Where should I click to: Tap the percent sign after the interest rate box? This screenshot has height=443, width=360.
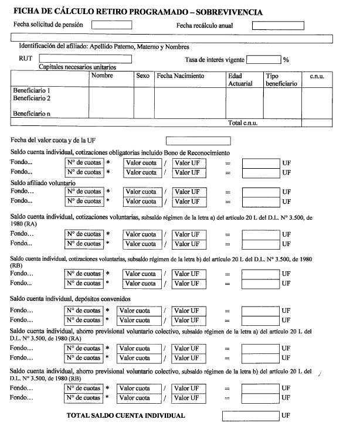286,59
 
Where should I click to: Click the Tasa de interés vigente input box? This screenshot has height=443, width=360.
264,59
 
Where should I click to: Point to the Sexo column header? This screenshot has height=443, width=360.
142,76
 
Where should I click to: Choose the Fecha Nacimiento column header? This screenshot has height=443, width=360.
181,76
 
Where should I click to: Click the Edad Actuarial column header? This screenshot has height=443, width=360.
240,80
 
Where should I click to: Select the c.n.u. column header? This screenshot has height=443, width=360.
317,76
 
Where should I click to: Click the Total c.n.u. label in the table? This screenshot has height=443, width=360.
243,123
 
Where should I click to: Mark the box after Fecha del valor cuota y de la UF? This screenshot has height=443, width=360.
198,141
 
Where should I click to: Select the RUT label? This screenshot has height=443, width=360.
26,59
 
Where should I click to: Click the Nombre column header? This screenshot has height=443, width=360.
102,76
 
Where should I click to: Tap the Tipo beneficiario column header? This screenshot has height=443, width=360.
281,80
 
